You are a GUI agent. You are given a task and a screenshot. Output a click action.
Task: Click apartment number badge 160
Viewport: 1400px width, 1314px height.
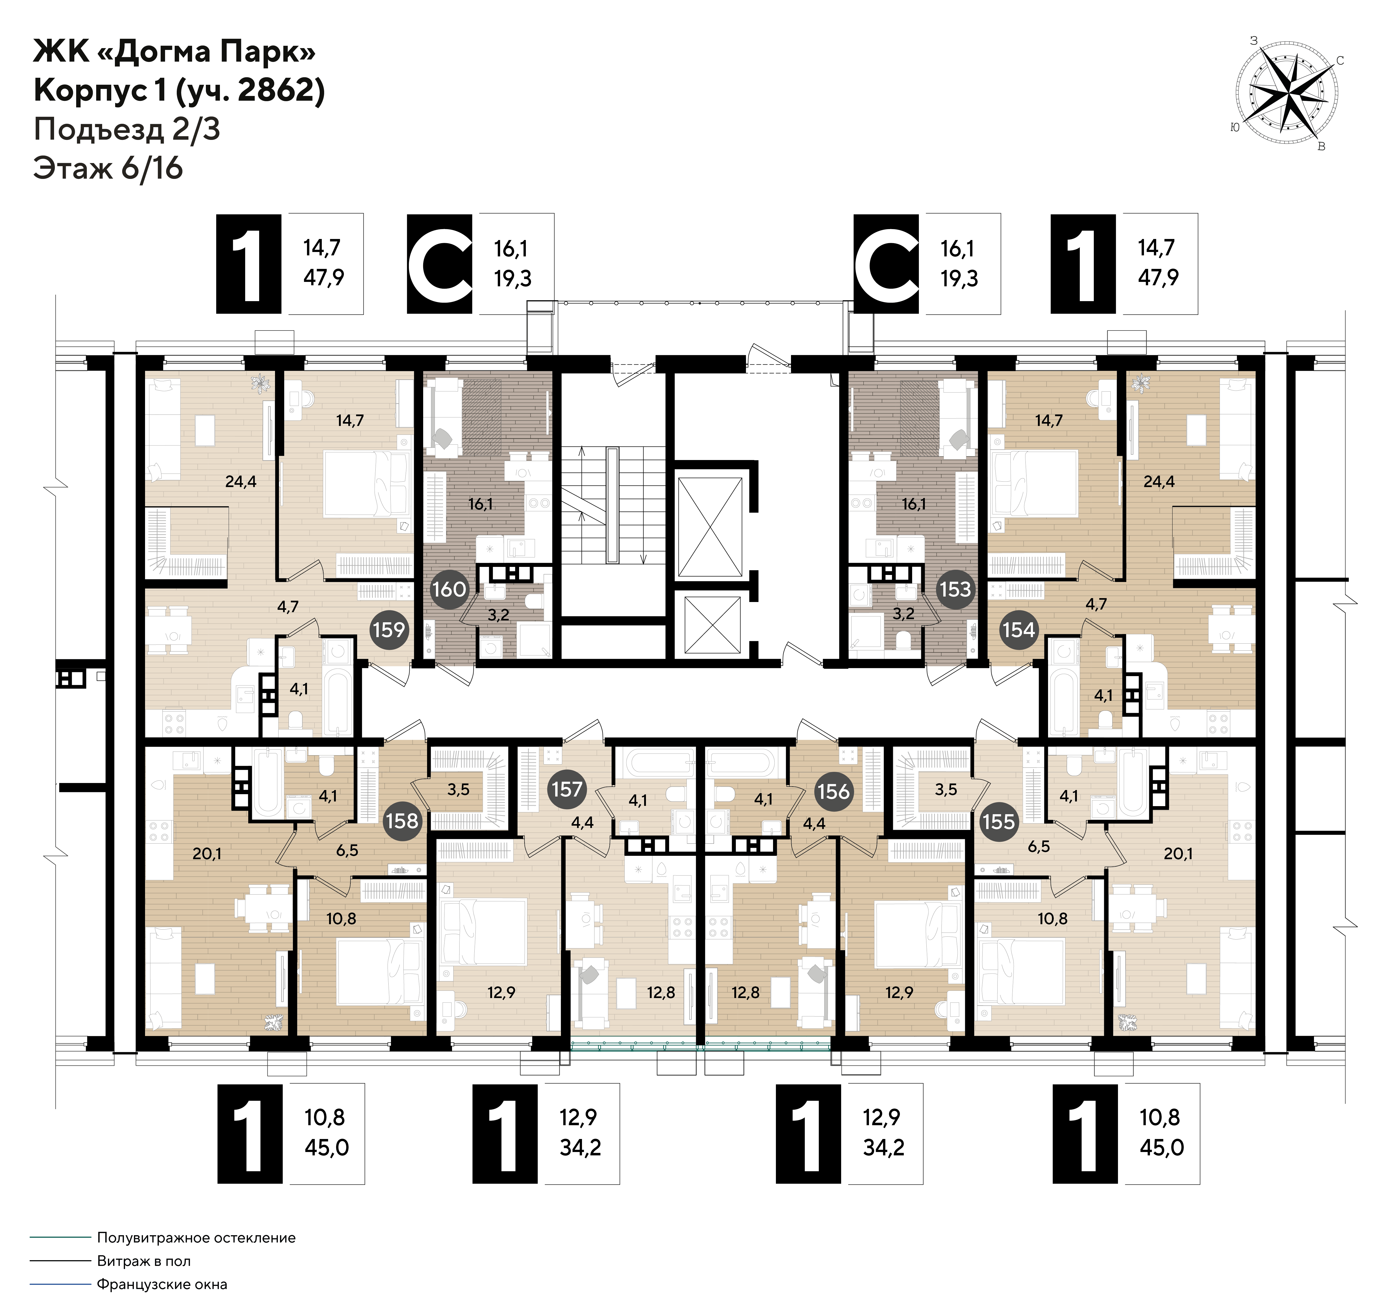pyautogui.click(x=449, y=589)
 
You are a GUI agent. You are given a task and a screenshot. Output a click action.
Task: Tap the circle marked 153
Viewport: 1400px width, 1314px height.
pyautogui.click(x=955, y=589)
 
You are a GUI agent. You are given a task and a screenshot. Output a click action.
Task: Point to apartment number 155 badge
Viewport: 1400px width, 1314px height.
pyautogui.click(x=999, y=821)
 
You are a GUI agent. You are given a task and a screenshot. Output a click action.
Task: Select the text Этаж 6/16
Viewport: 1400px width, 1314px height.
pyautogui.click(x=108, y=169)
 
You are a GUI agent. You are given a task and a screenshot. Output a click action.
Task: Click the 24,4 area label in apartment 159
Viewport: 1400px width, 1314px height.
pyautogui.click(x=241, y=482)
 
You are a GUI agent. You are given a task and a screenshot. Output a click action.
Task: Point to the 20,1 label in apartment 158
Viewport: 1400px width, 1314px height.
pyautogui.click(x=207, y=854)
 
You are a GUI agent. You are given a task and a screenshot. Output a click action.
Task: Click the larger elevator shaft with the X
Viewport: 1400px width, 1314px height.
pyautogui.click(x=709, y=526)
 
